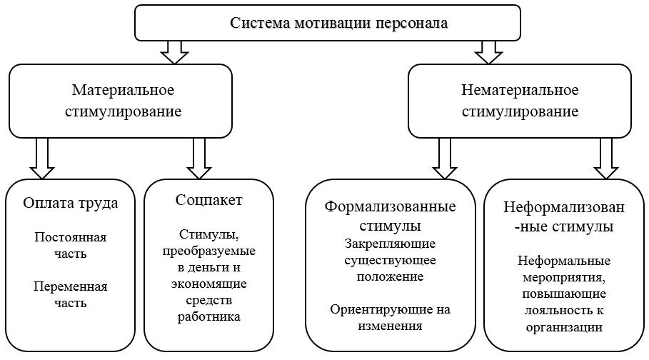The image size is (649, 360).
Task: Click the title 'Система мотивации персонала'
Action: coord(338,23)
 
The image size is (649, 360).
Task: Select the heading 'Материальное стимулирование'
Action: coord(124,101)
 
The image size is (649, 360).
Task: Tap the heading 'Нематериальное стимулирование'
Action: coord(519,101)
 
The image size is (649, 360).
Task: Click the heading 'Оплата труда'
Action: coord(70,202)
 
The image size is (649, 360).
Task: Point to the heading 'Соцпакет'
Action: coord(208,199)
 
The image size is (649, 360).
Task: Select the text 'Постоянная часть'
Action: coord(70,244)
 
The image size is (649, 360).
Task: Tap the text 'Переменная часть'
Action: coord(70,294)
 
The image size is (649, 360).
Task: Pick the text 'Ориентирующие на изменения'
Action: coord(391,318)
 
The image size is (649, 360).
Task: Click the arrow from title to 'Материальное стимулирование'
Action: coord(173,51)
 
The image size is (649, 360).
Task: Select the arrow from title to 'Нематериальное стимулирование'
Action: coord(488,51)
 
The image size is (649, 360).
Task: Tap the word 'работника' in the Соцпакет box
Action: coord(208,316)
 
